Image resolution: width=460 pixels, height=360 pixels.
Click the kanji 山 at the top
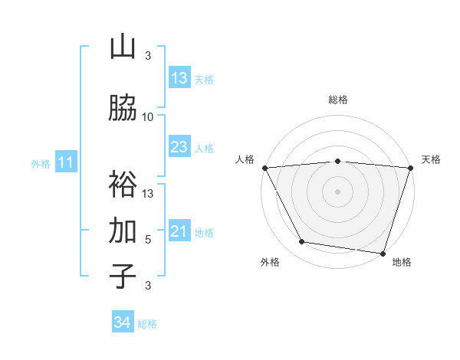(x=123, y=47)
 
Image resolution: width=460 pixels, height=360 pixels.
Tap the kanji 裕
(x=123, y=184)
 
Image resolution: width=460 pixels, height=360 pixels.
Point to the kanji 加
(x=123, y=231)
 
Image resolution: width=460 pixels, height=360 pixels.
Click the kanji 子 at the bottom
(x=123, y=276)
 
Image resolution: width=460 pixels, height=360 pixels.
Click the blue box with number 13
(x=179, y=78)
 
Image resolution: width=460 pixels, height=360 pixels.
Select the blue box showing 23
(x=179, y=147)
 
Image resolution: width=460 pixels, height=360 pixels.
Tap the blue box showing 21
(x=179, y=231)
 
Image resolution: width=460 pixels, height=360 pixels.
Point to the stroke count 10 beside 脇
(x=148, y=117)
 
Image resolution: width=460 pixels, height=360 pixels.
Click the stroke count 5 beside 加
(x=148, y=239)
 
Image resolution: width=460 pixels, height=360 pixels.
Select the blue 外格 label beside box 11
(x=41, y=163)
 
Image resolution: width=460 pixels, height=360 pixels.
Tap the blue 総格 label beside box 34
(x=147, y=324)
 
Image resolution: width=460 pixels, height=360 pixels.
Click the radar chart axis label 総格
(x=338, y=100)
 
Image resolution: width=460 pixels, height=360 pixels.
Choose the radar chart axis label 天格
(x=431, y=159)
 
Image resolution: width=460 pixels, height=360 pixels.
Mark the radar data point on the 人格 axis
(x=264, y=168)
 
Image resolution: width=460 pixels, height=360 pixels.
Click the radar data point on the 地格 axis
(x=383, y=253)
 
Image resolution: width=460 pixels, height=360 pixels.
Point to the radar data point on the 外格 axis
(x=302, y=242)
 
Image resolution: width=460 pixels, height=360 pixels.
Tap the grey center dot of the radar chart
(x=337, y=191)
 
